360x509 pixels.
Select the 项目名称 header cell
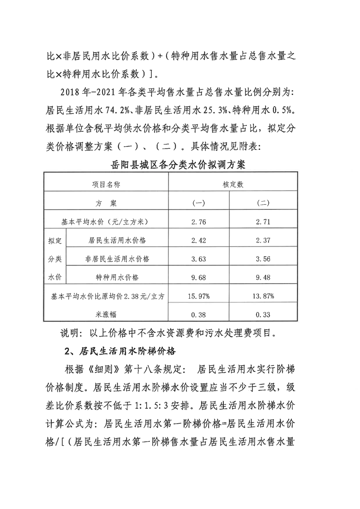coord(106,184)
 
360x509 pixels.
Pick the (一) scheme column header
coord(198,203)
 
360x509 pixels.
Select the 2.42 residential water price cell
coord(198,240)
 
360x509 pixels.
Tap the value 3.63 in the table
coord(198,259)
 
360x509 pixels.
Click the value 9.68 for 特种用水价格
coord(198,277)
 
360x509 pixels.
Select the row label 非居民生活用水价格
coord(118,259)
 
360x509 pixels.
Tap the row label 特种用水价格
coord(118,277)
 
